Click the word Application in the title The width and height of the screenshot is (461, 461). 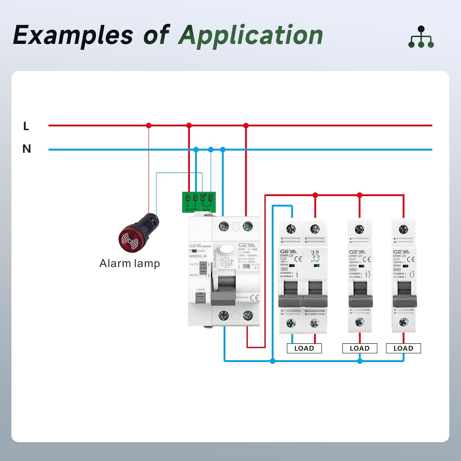click(x=250, y=35)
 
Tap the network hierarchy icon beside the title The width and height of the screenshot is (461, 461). click(x=421, y=37)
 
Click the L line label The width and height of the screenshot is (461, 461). click(x=26, y=126)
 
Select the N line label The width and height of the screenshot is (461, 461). click(x=27, y=149)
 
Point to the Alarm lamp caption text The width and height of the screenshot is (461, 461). click(x=129, y=264)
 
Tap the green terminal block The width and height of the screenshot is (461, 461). click(x=199, y=202)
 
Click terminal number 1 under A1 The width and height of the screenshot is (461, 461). click(x=188, y=199)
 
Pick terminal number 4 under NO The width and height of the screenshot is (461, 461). click(x=210, y=199)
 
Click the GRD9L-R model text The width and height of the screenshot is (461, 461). click(x=198, y=256)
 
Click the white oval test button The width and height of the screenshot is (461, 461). click(x=226, y=249)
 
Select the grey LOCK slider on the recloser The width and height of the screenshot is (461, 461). click(x=200, y=298)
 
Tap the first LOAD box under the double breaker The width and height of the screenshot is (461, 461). click(x=304, y=348)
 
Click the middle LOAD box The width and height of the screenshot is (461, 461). click(x=360, y=348)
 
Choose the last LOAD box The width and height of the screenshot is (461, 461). click(x=403, y=348)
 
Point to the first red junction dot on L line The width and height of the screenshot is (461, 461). click(x=149, y=125)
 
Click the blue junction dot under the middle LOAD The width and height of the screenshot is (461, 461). click(x=360, y=361)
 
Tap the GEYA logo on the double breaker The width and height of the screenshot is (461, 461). click(x=288, y=251)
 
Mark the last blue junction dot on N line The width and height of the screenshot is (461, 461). click(x=223, y=150)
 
